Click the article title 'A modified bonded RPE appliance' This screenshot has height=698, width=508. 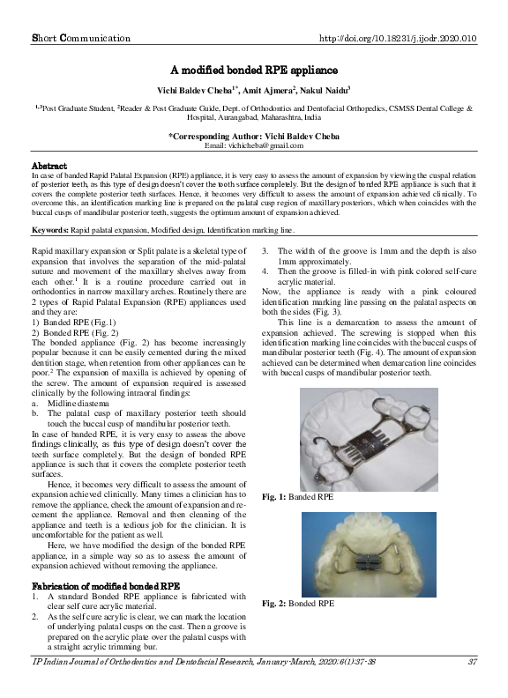[x=253, y=70]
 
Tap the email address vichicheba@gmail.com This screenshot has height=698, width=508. [x=253, y=145]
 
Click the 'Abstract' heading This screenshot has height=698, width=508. [x=49, y=166]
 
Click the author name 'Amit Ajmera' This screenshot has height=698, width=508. [x=264, y=90]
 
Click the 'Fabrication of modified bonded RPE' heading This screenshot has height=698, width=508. [x=106, y=585]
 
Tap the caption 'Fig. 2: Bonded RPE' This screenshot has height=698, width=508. [x=298, y=604]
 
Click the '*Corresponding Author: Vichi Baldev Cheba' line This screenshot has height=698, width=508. [x=253, y=136]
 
